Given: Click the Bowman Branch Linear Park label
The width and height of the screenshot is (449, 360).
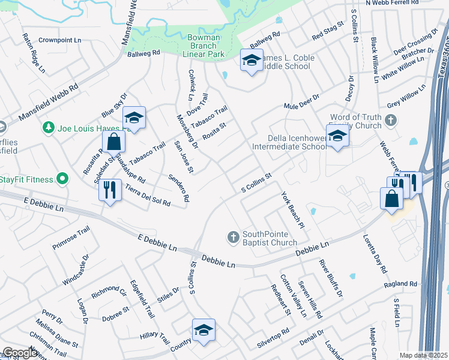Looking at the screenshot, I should [204, 46].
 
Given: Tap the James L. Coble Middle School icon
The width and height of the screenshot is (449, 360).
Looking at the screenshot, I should [252, 60].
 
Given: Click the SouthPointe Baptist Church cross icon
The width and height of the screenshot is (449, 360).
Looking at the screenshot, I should [234, 237].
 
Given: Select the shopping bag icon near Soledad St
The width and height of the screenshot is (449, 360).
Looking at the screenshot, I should [113, 142].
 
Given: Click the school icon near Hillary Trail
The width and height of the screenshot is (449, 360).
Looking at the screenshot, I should [203, 330].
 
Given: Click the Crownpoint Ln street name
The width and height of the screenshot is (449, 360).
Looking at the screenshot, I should [59, 40].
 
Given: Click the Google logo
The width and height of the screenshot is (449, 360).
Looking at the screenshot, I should [20, 353].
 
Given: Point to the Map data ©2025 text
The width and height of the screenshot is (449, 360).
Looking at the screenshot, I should [423, 355].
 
